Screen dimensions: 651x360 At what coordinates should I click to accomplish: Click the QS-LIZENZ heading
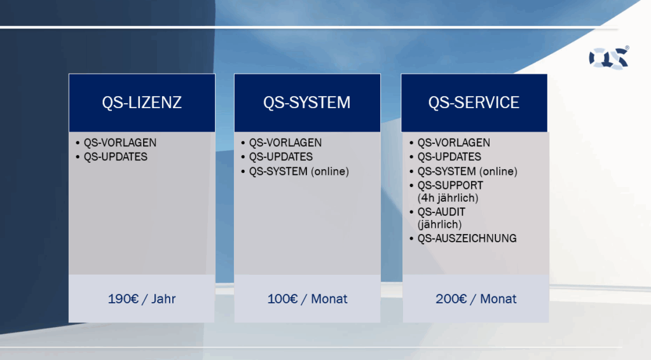[x=142, y=102]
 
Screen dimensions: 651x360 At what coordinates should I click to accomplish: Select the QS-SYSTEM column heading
[x=307, y=102]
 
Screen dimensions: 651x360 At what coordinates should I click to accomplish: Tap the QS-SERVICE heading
[x=474, y=102]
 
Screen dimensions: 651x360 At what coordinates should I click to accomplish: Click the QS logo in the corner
[x=608, y=58]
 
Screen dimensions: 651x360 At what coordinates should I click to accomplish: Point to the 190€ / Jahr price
[x=142, y=299]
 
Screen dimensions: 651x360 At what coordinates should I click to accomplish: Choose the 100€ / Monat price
[x=307, y=299]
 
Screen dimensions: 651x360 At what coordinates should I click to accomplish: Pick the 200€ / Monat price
[x=476, y=299]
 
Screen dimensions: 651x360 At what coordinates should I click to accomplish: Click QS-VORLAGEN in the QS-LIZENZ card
[x=120, y=143]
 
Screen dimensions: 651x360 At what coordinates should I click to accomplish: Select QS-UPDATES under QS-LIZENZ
[x=116, y=157]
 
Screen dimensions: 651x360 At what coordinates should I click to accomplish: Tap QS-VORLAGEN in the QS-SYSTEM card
[x=285, y=143]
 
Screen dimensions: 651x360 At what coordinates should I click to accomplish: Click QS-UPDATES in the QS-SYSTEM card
[x=280, y=157]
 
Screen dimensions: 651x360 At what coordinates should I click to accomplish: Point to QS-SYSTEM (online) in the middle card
[x=299, y=172]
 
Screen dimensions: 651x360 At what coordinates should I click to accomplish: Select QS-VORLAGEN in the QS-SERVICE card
[x=454, y=143]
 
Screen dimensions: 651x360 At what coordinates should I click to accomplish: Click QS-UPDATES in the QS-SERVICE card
[x=449, y=157]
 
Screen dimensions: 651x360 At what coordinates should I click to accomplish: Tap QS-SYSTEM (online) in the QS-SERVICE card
[x=467, y=172]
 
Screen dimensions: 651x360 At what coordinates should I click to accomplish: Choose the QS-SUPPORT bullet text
[x=451, y=185]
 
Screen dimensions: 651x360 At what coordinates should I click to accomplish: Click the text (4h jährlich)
[x=448, y=198]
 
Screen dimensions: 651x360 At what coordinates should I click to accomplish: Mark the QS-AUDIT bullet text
[x=441, y=212]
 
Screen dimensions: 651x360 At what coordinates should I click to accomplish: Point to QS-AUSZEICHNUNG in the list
[x=467, y=239]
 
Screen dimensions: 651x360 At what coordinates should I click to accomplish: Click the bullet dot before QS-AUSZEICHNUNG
[x=411, y=239]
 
